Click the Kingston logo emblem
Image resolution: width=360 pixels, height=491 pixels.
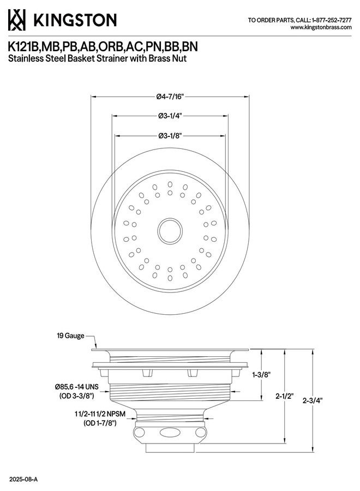(16, 20)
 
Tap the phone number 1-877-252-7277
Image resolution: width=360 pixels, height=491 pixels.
(332, 20)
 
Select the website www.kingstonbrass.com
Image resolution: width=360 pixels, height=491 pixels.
(321, 27)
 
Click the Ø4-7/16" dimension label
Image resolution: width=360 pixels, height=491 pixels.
(170, 97)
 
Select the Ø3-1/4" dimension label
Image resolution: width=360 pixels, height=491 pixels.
(170, 116)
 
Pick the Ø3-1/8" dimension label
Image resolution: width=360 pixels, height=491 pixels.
(170, 136)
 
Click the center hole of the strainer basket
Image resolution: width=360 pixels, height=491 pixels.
(170, 231)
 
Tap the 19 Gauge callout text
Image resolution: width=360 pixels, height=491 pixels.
(70, 336)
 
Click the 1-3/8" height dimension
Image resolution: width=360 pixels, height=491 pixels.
(261, 374)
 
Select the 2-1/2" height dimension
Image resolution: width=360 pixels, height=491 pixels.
(284, 396)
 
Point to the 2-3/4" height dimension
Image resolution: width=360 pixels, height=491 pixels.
(313, 400)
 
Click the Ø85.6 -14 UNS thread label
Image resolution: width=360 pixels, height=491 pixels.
(77, 387)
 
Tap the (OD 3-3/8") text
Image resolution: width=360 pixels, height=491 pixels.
(77, 396)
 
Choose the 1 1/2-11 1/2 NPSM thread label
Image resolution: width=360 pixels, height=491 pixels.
(100, 414)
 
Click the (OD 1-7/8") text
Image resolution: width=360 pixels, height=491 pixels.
(100, 423)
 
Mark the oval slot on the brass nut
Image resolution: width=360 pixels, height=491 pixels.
(169, 433)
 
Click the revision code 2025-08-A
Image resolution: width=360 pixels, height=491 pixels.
(23, 480)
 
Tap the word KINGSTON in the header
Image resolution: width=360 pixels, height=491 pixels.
(75, 20)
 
